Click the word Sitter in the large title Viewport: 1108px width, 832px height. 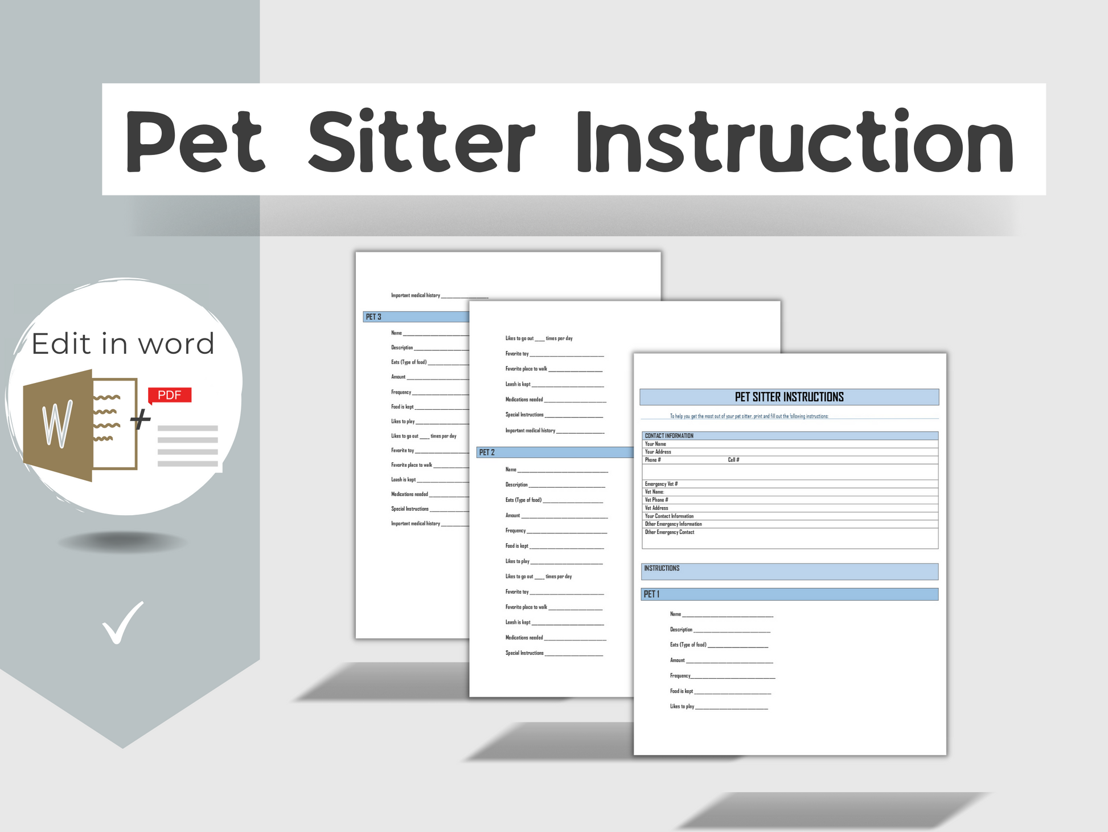coord(421,141)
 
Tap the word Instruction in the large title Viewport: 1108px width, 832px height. coord(794,141)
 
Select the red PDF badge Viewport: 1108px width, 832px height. coord(169,395)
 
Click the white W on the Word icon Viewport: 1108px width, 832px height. coord(58,424)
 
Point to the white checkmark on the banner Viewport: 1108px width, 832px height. coord(122,622)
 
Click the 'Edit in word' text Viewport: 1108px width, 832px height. coord(123,344)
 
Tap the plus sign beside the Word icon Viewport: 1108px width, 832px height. coord(141,419)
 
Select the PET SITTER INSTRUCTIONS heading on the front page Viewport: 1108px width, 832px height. coord(789,397)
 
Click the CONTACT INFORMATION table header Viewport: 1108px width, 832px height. coord(669,436)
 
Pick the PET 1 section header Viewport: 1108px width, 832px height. coord(651,594)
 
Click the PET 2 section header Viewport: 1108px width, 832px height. coord(487,452)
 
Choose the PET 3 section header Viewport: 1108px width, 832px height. coord(374,317)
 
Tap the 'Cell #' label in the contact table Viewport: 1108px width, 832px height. coord(733,460)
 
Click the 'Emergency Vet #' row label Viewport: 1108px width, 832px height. coord(661,484)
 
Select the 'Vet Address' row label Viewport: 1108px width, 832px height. coord(656,508)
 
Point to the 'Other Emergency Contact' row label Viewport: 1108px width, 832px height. coord(670,532)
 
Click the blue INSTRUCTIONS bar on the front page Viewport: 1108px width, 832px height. coord(789,572)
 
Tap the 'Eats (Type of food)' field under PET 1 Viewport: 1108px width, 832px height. coord(688,645)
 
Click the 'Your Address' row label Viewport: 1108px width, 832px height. coord(658,452)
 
